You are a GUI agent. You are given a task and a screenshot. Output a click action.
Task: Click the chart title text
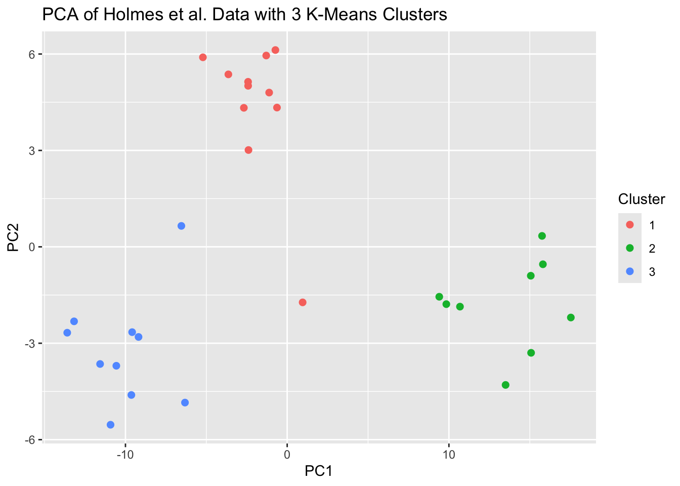pos(244,15)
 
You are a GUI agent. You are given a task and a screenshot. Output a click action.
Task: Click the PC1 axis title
pos(318,471)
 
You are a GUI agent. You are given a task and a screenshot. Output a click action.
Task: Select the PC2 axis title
pos(13,237)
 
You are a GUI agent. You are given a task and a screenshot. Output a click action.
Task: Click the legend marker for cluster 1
pos(630,225)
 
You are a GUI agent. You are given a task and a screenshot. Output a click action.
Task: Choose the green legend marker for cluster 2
pos(630,248)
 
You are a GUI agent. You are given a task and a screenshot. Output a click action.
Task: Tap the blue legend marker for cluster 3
pos(630,271)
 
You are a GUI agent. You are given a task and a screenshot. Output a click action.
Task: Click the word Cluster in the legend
pos(641,199)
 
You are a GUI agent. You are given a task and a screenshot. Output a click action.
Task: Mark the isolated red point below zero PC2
pos(303,302)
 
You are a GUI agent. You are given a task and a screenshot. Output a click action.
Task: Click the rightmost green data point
pos(571,317)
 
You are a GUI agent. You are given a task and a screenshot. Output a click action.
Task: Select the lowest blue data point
pos(111,425)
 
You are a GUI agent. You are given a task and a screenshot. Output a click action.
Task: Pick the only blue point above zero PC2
pos(181,226)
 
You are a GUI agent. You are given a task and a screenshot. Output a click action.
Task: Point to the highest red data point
pos(275,50)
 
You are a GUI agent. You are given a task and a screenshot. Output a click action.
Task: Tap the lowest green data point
pos(505,385)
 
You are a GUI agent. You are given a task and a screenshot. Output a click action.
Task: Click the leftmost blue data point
pos(67,333)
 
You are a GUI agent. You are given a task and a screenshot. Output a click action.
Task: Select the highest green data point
pos(542,236)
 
